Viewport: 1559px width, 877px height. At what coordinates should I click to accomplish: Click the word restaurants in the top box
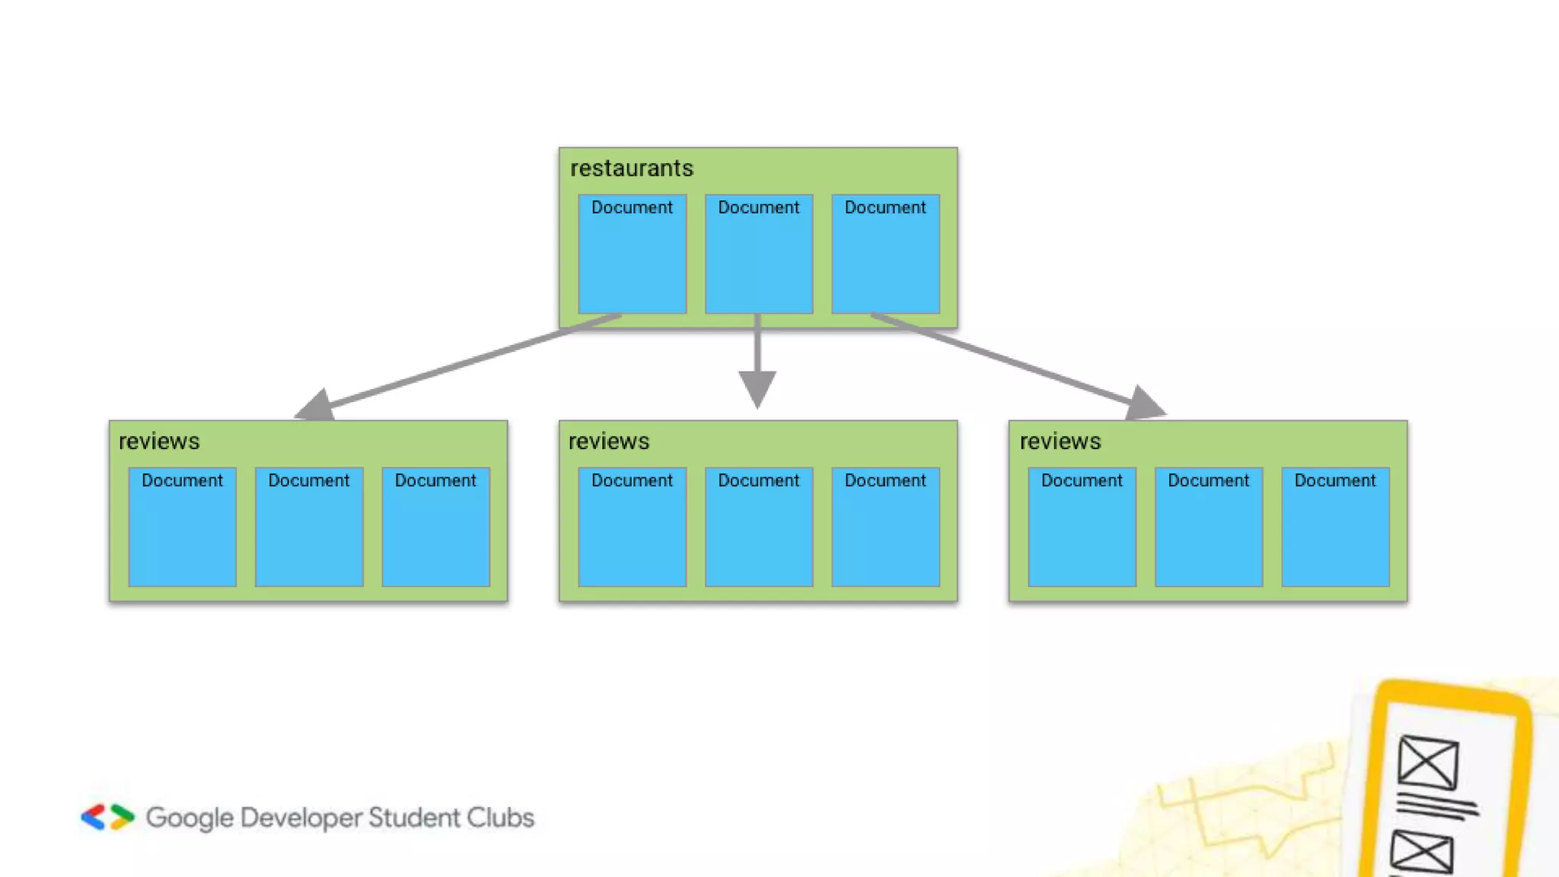631,168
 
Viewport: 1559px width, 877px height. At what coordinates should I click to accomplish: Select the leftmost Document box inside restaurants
632,254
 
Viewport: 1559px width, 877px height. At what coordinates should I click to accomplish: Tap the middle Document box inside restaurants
758,254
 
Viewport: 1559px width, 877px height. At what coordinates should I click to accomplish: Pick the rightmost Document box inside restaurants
885,254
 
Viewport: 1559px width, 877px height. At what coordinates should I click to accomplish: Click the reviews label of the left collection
159,442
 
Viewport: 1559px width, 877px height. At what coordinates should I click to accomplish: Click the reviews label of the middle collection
609,442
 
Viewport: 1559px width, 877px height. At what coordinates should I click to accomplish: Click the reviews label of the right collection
1060,442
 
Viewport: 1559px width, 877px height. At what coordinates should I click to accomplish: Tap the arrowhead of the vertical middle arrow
757,387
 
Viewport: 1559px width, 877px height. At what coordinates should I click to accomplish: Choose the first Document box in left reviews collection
182,527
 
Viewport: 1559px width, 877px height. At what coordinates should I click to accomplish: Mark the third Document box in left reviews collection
435,527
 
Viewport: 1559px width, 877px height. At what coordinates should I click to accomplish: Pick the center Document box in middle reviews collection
758,527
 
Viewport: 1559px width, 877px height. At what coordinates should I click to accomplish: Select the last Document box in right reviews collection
1335,527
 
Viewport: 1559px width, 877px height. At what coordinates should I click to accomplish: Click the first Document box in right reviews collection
1082,527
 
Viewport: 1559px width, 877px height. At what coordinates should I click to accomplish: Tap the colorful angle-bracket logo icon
108,817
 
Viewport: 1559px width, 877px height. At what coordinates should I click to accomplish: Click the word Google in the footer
190,818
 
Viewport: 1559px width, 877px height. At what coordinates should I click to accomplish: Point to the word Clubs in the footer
500,818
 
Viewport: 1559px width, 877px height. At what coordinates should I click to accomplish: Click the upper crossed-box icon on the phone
1428,762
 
